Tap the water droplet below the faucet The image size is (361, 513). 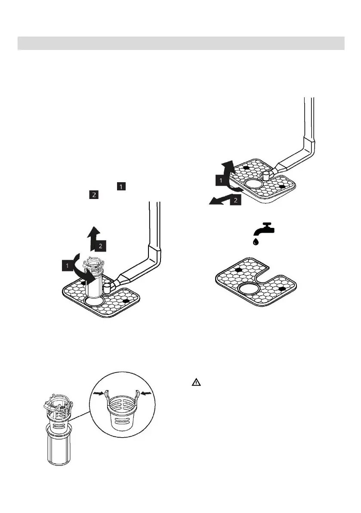click(x=256, y=242)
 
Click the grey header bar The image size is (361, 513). click(x=181, y=43)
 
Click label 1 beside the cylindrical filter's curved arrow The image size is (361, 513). click(x=68, y=266)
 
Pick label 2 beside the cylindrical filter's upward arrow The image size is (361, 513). click(x=100, y=246)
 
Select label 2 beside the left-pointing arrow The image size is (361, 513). click(x=235, y=201)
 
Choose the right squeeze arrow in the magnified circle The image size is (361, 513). click(x=147, y=393)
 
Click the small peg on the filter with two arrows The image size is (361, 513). click(x=265, y=174)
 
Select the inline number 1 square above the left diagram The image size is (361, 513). click(x=122, y=187)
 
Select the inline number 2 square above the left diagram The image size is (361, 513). click(x=93, y=195)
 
